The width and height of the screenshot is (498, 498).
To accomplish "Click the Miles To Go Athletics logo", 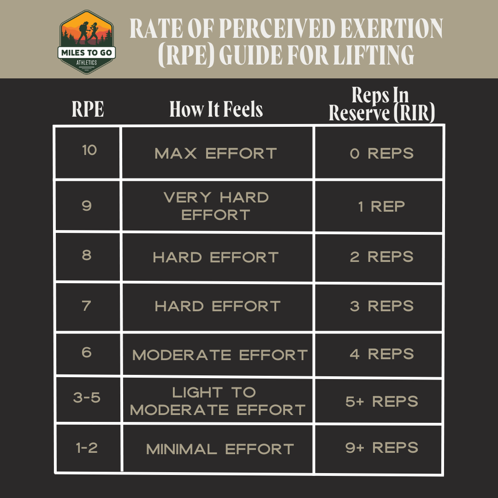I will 88,42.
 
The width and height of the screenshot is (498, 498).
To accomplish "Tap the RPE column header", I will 88,110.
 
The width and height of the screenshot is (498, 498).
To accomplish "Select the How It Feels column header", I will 216,110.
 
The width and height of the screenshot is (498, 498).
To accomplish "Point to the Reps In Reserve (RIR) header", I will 382,105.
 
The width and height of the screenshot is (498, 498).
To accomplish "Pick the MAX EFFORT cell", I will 216,153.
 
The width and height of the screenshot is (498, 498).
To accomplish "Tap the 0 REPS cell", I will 381,153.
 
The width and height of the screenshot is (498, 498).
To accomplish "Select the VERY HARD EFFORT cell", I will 216,206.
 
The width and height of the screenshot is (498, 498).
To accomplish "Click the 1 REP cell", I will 381,206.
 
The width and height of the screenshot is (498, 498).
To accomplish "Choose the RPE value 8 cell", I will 87,255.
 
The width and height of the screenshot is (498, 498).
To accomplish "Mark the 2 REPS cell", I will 381,256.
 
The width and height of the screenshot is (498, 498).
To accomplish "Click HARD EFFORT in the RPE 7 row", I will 218,306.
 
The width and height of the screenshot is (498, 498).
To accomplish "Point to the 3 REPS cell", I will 381,306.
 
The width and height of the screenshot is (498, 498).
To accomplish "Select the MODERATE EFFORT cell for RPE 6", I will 219,355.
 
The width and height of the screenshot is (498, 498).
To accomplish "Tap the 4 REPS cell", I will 381,354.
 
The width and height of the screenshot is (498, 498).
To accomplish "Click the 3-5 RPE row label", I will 87,397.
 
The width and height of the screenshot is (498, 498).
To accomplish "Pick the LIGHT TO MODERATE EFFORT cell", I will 218,401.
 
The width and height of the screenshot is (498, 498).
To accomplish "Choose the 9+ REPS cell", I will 381,448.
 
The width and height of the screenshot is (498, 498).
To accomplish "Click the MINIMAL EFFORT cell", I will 219,449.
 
